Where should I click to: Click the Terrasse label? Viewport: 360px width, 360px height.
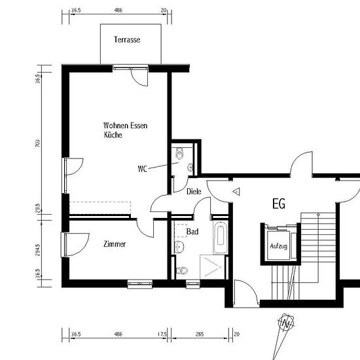pyautogui.click(x=127, y=40)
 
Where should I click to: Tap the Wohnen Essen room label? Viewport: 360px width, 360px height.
pyautogui.click(x=126, y=126)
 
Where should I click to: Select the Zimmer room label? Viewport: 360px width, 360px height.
pyautogui.click(x=115, y=244)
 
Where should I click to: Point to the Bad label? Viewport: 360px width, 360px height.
pyautogui.click(x=192, y=232)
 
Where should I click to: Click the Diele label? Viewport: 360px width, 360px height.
pyautogui.click(x=194, y=191)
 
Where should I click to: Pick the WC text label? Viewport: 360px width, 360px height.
pyautogui.click(x=142, y=169)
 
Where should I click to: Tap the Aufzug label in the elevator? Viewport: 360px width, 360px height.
pyautogui.click(x=278, y=246)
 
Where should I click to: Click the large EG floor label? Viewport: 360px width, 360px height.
pyautogui.click(x=279, y=204)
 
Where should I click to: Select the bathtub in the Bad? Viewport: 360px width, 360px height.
pyautogui.click(x=221, y=238)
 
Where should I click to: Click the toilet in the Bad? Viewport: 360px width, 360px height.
pyautogui.click(x=182, y=271)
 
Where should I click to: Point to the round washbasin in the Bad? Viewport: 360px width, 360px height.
pyautogui.click(x=179, y=247)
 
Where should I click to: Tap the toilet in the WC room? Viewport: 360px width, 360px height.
pyautogui.click(x=179, y=154)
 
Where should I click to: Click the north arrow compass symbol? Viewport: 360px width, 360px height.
pyautogui.click(x=285, y=324)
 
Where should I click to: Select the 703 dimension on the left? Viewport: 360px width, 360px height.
pyautogui.click(x=38, y=143)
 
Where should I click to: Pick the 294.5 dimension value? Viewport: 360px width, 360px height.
pyautogui.click(x=38, y=250)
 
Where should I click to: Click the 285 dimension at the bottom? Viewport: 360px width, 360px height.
pyautogui.click(x=200, y=334)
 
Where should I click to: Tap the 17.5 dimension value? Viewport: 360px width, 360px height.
pyautogui.click(x=162, y=334)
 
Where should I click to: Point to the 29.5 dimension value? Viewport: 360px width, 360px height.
pyautogui.click(x=38, y=208)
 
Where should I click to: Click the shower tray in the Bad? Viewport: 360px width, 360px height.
pyautogui.click(x=212, y=267)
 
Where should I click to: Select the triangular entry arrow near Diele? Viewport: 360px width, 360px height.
pyautogui.click(x=236, y=192)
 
